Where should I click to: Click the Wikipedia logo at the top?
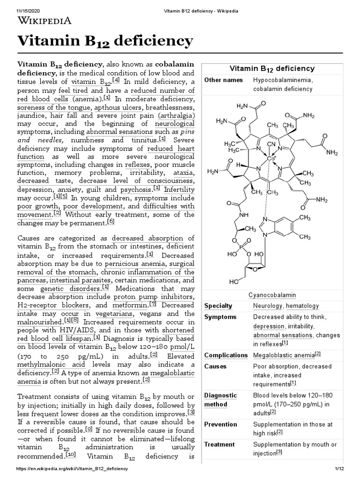[x=45, y=20]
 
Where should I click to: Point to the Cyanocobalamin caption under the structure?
[x=272, y=295]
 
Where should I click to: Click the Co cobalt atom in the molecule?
[x=270, y=158]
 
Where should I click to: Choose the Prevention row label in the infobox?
[x=221, y=425]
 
